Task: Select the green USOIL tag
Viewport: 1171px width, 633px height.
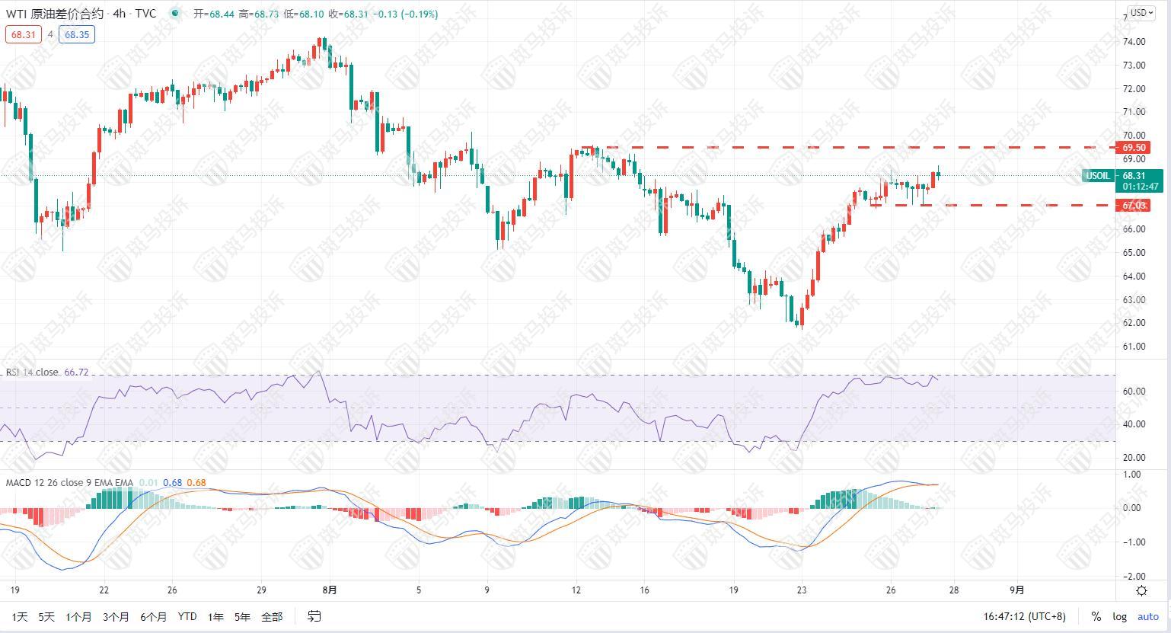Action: (x=1097, y=176)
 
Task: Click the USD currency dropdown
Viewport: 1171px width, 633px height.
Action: (x=1140, y=12)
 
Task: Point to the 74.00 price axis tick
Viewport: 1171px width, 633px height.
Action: (x=1134, y=42)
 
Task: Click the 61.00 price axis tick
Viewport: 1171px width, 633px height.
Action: (x=1134, y=347)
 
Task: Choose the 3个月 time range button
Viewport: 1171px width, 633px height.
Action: (x=116, y=616)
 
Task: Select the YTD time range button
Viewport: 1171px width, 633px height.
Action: (x=187, y=616)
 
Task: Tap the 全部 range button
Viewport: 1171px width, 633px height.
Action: (x=272, y=616)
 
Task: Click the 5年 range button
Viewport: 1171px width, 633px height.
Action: (x=242, y=616)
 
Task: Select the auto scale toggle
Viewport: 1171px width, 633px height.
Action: (x=1147, y=616)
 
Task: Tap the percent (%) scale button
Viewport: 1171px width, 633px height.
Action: (x=1096, y=616)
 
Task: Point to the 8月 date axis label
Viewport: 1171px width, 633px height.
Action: (x=329, y=590)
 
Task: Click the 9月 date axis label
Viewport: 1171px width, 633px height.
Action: (x=1016, y=590)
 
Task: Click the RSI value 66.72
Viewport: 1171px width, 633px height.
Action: (x=77, y=372)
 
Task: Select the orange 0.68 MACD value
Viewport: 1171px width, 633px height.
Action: (x=196, y=482)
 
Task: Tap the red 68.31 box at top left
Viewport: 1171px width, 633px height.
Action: (x=23, y=34)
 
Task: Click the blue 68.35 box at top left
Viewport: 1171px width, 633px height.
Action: (x=77, y=34)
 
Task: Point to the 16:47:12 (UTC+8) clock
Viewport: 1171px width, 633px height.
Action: (x=1025, y=616)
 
